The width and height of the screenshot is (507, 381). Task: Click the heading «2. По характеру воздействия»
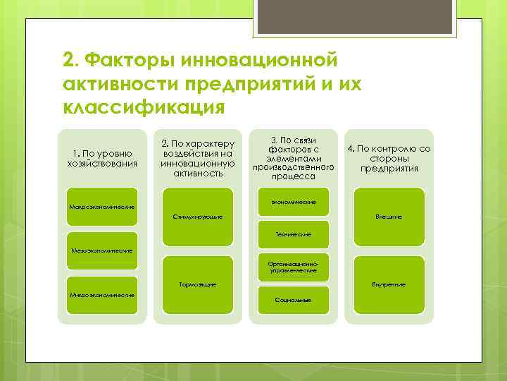[x=197, y=157]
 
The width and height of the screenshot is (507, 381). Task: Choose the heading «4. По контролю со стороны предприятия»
[x=389, y=158]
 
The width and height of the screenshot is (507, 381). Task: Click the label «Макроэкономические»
[x=102, y=207]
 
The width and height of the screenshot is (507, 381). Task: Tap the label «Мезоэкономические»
[x=102, y=250]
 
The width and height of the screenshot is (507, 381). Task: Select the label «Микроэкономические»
[x=102, y=294]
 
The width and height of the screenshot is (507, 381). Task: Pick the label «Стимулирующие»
[x=197, y=216]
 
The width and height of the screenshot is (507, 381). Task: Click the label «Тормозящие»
[x=197, y=284]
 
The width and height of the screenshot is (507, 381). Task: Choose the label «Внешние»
[x=389, y=216]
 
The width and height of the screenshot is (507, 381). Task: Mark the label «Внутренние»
[x=389, y=284]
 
